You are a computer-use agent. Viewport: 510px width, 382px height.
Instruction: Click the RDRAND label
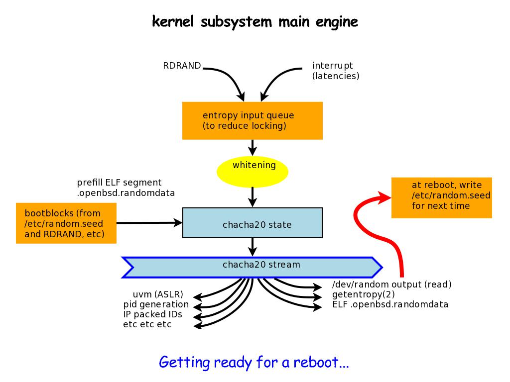[x=182, y=66]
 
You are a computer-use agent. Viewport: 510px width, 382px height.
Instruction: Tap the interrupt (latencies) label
[x=336, y=71]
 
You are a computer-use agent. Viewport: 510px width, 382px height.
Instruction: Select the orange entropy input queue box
[x=252, y=120]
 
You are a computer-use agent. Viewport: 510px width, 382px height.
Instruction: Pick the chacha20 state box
[x=253, y=223]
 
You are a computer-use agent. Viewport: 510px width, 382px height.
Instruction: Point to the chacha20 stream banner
[x=253, y=267]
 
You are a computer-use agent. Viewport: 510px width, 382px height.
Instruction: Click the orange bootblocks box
[x=66, y=223]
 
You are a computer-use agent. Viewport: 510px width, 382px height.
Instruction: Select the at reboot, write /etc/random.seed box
[x=442, y=197]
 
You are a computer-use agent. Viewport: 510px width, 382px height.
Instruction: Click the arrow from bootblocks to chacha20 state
[x=149, y=223]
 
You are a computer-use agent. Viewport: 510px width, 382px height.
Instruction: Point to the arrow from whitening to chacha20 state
[x=253, y=196]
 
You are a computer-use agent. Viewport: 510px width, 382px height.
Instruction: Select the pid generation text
[x=156, y=304]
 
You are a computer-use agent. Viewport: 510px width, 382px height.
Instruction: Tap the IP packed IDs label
[x=152, y=314]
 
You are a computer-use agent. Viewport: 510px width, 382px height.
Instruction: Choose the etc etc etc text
[x=147, y=324]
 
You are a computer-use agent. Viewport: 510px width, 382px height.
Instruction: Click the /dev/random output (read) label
[x=391, y=285]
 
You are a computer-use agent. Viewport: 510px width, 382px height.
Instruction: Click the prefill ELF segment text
[x=119, y=183]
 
